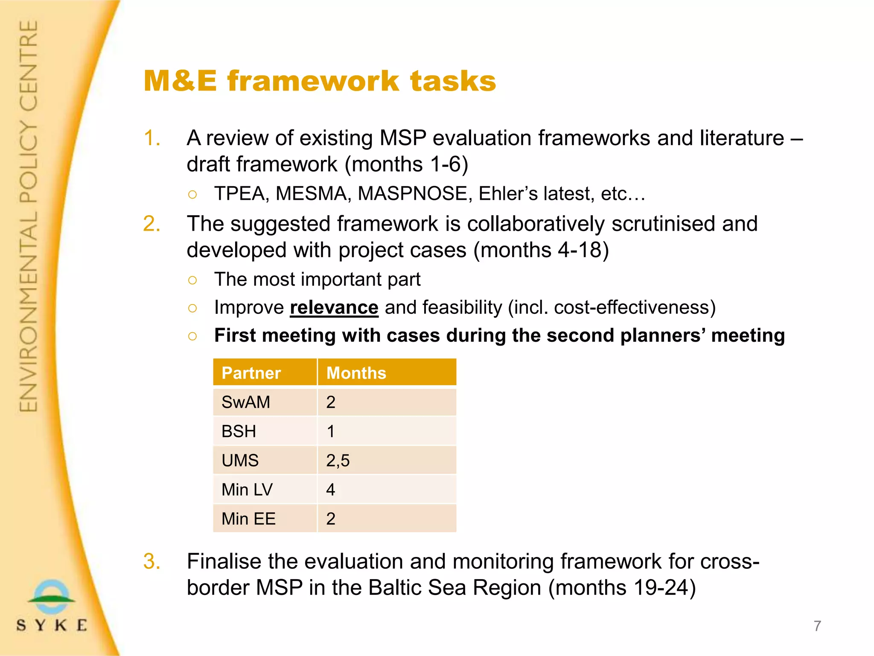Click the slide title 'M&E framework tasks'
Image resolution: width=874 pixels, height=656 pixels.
pos(320,81)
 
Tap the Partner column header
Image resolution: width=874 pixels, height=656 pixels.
pos(251,373)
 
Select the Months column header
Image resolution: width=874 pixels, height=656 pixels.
pos(356,373)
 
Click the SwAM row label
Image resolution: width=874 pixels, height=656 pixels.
pos(246,402)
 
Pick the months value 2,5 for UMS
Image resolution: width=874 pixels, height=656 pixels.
pos(338,460)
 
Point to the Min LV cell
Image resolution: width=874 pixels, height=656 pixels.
pos(247,489)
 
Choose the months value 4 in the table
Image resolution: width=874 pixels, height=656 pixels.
pos(331,489)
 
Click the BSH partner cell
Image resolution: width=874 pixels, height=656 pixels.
pos(239,431)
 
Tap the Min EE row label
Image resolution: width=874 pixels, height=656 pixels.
pos(248,518)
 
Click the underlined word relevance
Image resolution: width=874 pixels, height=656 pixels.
pos(334,307)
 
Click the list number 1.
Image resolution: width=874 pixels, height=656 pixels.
pos(152,138)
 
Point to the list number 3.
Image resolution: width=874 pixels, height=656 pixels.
pos(152,561)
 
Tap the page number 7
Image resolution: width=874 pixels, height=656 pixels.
pos(817,626)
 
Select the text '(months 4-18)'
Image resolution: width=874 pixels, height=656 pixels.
pos(541,250)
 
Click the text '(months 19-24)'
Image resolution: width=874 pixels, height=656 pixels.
pos(622,587)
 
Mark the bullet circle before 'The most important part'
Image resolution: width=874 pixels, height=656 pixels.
pos(192,280)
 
